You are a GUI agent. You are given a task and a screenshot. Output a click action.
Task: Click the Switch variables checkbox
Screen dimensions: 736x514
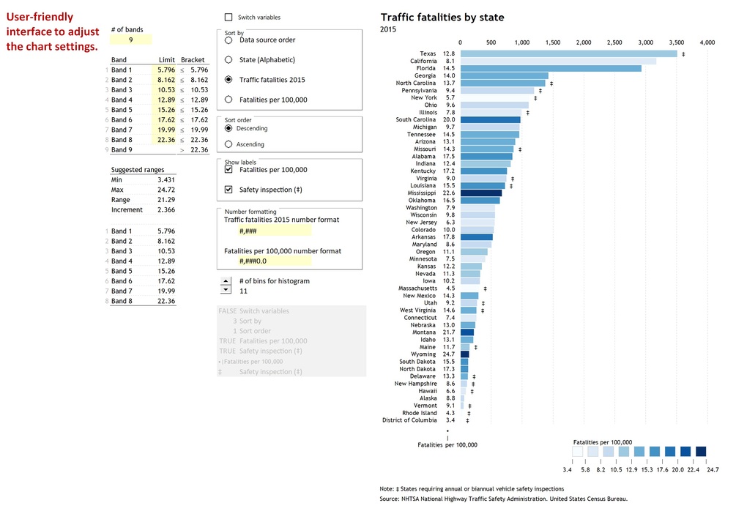click(228, 18)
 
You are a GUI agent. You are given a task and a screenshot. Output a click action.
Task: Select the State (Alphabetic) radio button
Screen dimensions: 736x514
click(228, 59)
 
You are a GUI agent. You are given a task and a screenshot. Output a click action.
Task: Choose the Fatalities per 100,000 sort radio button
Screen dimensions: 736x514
click(228, 100)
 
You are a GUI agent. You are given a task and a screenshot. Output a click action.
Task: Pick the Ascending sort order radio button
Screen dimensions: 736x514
click(228, 144)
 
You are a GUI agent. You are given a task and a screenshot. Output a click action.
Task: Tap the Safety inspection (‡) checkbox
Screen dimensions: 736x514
click(228, 190)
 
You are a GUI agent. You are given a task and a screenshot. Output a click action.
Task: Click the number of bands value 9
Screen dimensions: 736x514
click(131, 40)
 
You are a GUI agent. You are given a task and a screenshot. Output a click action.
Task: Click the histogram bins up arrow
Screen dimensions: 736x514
click(226, 280)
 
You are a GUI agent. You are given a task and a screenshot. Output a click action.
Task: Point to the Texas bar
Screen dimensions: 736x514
click(569, 53)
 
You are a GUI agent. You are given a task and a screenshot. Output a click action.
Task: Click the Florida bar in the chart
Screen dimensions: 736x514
click(551, 69)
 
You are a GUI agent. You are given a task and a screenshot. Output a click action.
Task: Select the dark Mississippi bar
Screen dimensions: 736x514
click(481, 193)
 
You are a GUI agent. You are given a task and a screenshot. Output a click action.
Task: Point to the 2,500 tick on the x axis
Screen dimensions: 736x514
click(614, 42)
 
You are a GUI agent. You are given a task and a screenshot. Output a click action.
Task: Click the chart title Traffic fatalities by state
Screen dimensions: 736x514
click(442, 18)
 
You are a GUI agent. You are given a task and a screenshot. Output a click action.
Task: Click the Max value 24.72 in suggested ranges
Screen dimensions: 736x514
click(166, 190)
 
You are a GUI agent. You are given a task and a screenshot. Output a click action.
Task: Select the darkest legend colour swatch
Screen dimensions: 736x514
click(701, 452)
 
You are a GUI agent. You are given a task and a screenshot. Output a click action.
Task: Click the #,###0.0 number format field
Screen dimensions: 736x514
click(275, 261)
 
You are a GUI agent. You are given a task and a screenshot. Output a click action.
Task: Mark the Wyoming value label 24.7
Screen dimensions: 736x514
click(449, 354)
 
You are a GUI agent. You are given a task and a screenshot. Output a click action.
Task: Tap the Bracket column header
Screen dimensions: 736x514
click(193, 59)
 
